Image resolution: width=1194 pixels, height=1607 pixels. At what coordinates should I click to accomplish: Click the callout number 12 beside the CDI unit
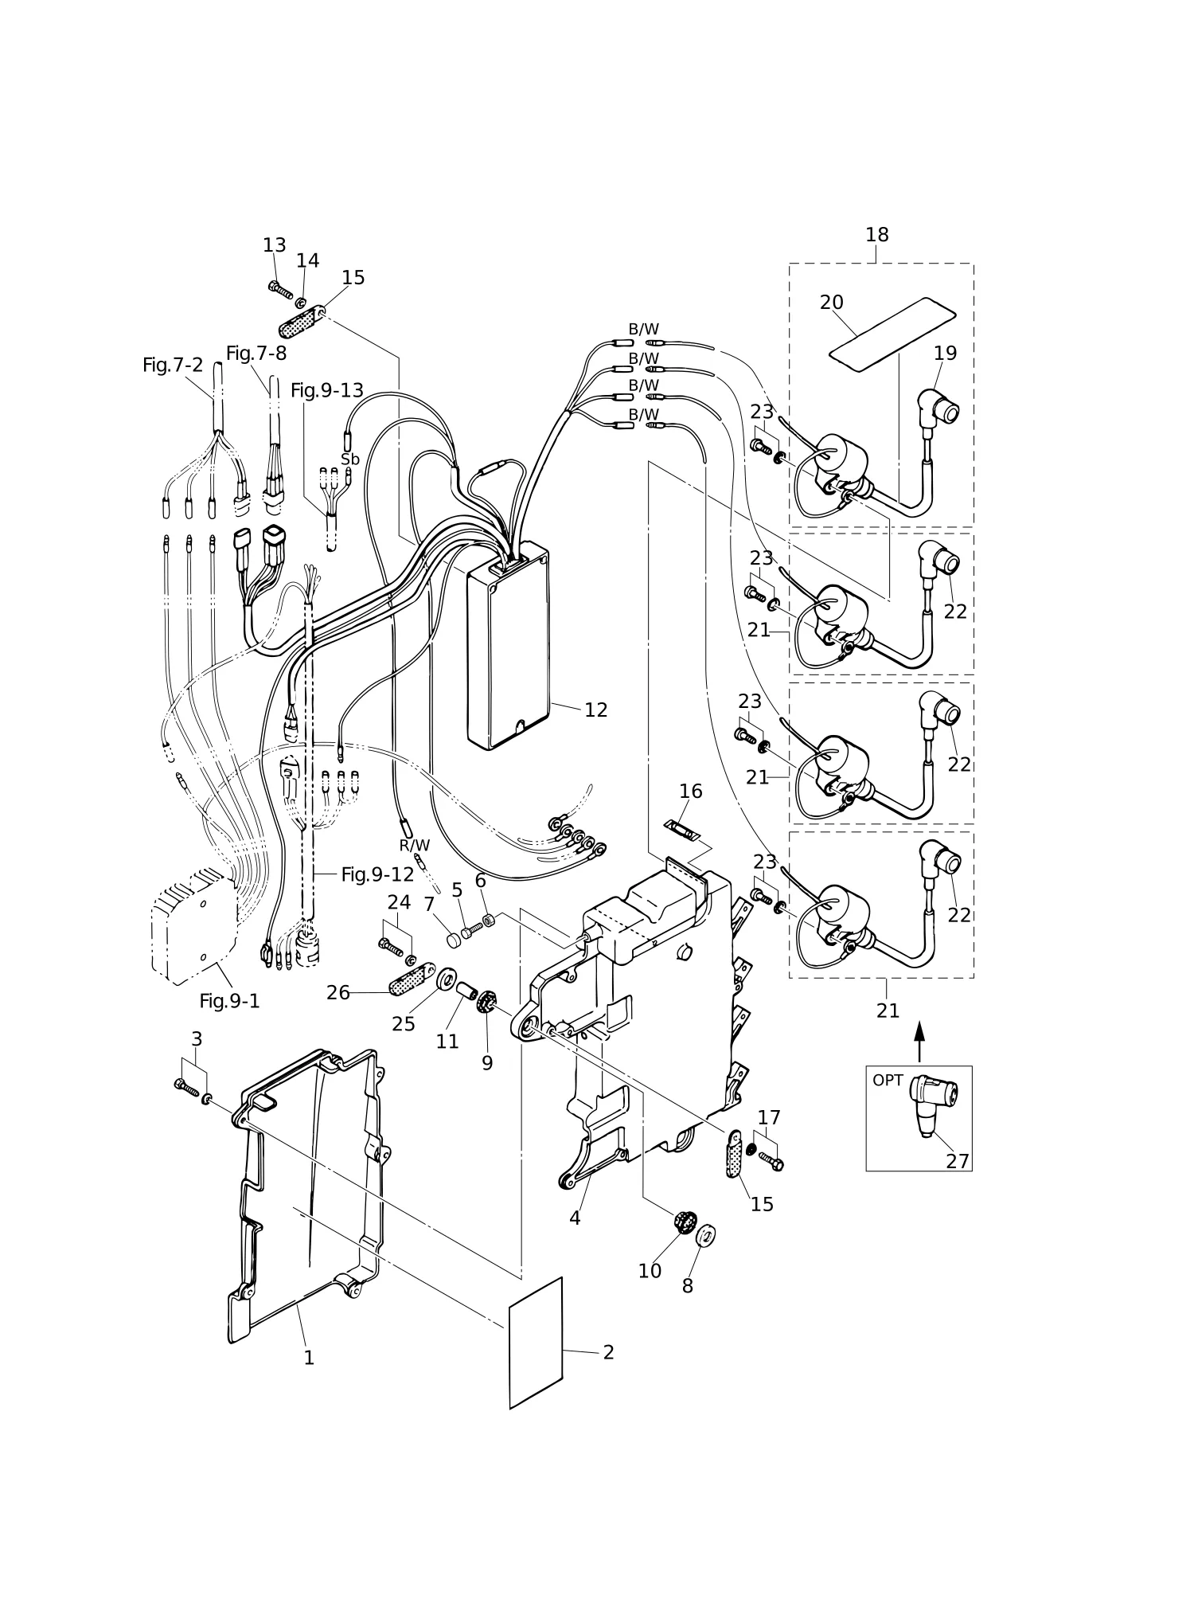[595, 710]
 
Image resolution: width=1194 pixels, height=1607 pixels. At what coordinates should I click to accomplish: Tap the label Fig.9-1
[229, 1001]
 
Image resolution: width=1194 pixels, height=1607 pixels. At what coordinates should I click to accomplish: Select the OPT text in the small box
[888, 1081]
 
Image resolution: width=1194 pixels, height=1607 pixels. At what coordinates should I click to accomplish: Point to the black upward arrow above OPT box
[919, 1042]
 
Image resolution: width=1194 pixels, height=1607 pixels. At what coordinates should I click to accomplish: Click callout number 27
[958, 1162]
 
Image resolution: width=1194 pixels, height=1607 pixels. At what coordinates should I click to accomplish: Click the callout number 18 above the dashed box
[876, 235]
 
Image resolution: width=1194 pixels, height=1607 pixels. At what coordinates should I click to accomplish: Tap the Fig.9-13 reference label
[326, 390]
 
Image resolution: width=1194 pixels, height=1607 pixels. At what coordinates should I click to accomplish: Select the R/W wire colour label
[414, 846]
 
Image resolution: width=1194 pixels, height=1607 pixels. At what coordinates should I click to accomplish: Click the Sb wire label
[350, 459]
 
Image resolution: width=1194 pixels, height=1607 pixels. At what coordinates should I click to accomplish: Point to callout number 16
[691, 791]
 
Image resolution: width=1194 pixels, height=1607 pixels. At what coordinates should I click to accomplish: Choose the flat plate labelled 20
[892, 334]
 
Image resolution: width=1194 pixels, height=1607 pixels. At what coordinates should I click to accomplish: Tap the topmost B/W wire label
[644, 329]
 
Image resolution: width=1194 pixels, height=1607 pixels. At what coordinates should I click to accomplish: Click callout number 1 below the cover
[309, 1358]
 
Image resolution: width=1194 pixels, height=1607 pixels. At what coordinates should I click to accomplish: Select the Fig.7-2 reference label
[173, 365]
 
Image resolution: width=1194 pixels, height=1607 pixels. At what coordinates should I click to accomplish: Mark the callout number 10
[650, 1271]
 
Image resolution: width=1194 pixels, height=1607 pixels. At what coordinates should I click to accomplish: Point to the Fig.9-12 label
[377, 874]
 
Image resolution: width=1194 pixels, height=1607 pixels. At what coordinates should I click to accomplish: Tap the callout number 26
[338, 992]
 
